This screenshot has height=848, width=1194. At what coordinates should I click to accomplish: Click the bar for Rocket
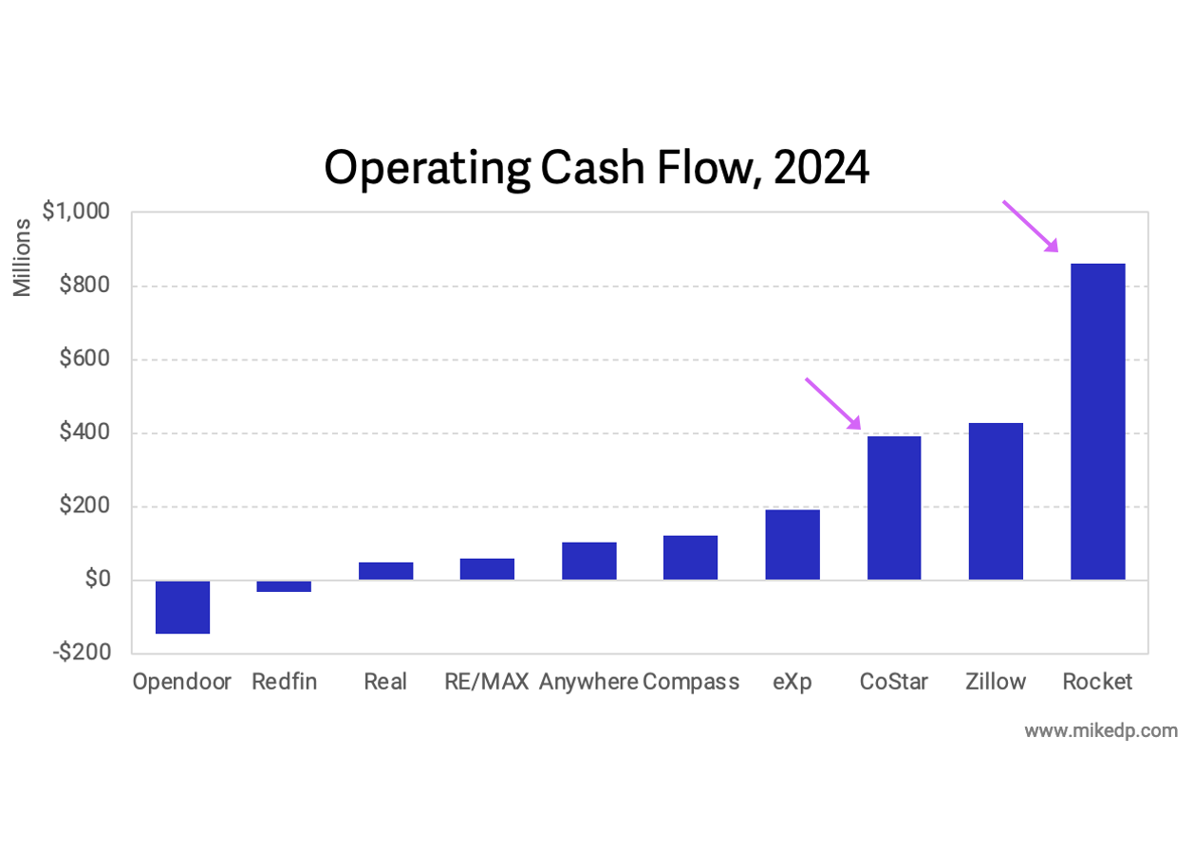(1097, 421)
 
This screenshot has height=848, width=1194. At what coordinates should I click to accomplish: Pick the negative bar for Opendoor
(182, 607)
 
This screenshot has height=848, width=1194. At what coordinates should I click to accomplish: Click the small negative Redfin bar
(284, 586)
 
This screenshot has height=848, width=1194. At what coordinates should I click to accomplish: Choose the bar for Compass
(690, 558)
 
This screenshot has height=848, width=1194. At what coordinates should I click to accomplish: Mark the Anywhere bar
(588, 561)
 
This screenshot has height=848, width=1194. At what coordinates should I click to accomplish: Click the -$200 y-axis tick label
(84, 653)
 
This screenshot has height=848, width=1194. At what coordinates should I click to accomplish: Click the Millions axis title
(23, 257)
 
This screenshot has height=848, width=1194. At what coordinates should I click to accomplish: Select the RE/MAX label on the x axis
(486, 682)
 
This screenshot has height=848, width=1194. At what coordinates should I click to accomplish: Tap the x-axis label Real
(385, 682)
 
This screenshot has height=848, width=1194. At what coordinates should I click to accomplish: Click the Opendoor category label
(182, 682)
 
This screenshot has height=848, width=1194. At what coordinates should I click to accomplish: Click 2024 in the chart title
(820, 169)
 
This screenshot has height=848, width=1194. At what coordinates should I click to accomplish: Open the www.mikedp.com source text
(1101, 731)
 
